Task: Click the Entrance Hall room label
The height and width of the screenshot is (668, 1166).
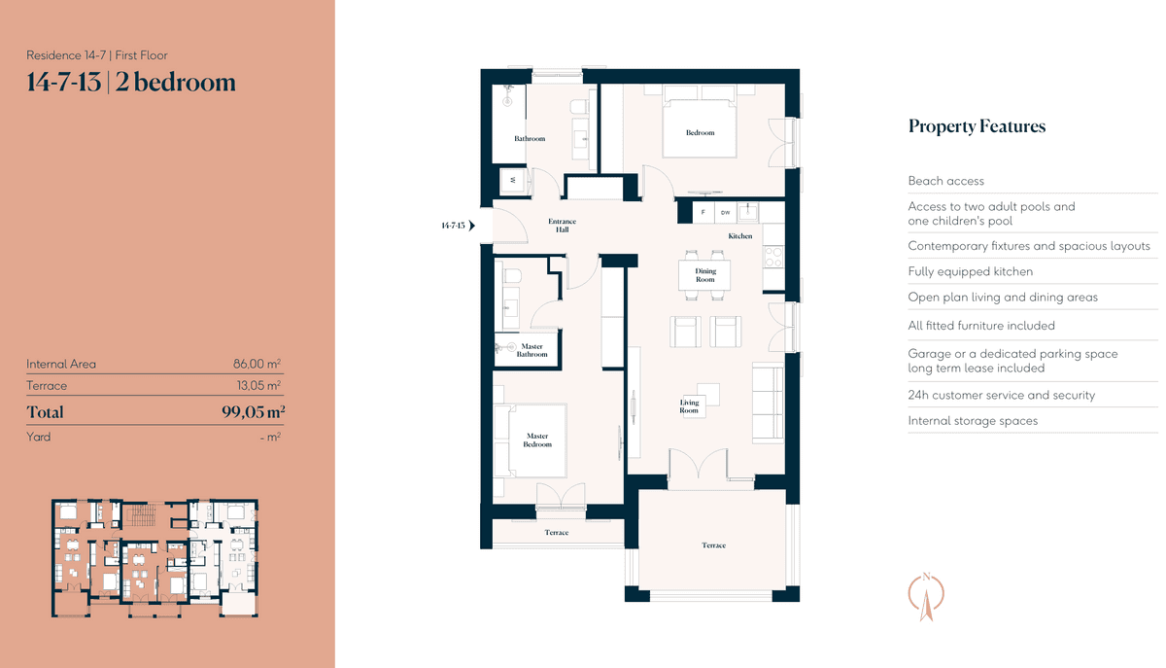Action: point(562,226)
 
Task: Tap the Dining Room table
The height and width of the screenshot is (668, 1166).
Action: point(704,275)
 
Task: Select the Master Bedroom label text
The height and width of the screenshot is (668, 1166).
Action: point(537,439)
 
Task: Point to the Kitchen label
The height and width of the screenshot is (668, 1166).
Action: point(739,236)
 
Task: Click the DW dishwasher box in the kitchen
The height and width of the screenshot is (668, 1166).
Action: point(725,213)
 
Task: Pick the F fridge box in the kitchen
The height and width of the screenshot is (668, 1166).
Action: point(703,213)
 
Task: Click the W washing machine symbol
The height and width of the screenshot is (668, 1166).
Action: point(513,180)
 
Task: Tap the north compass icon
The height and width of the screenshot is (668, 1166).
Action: point(926,596)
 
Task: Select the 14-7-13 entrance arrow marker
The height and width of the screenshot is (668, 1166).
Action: point(471,226)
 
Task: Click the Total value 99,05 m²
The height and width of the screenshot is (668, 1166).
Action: point(253,411)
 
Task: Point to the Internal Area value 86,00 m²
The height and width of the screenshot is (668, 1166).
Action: point(257,364)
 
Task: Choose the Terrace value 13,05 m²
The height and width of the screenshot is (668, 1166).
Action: point(258,386)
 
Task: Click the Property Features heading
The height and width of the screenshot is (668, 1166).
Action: point(977,126)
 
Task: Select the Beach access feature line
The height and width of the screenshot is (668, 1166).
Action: point(945,181)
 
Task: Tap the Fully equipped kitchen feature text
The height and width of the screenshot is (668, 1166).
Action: point(971,271)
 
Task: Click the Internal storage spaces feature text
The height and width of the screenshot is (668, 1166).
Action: point(973,420)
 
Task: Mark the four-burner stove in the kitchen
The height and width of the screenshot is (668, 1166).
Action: point(773,257)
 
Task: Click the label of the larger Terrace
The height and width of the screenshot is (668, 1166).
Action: point(713,545)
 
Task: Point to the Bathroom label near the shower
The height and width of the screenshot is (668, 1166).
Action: point(530,139)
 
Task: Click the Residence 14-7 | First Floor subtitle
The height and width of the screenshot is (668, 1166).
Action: point(97,55)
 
